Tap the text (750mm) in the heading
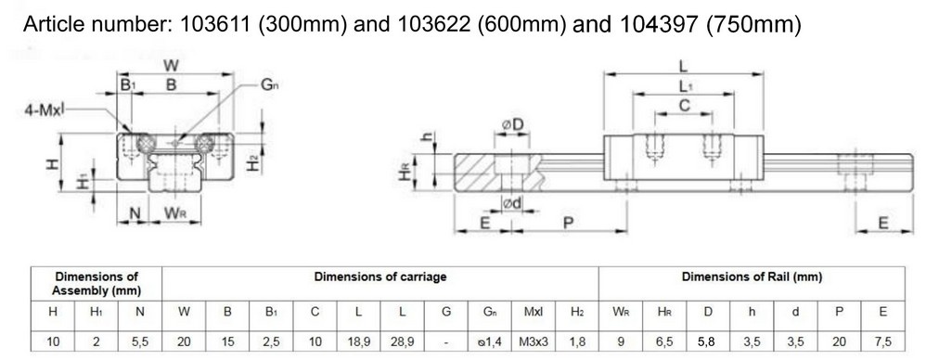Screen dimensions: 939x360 pyautogui.click(x=753, y=24)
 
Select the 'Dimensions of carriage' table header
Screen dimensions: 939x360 pyautogui.click(x=380, y=276)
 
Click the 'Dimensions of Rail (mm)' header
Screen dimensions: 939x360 pyautogui.click(x=752, y=276)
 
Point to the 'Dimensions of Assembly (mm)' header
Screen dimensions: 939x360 pyautogui.click(x=96, y=284)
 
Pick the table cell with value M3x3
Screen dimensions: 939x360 pyautogui.click(x=534, y=342)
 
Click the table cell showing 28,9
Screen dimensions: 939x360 pyautogui.click(x=403, y=342)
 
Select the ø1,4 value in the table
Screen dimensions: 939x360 pyautogui.click(x=490, y=342)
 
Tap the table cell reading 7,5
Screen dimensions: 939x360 pyautogui.click(x=882, y=342)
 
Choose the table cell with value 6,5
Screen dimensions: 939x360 pyautogui.click(x=664, y=342)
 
